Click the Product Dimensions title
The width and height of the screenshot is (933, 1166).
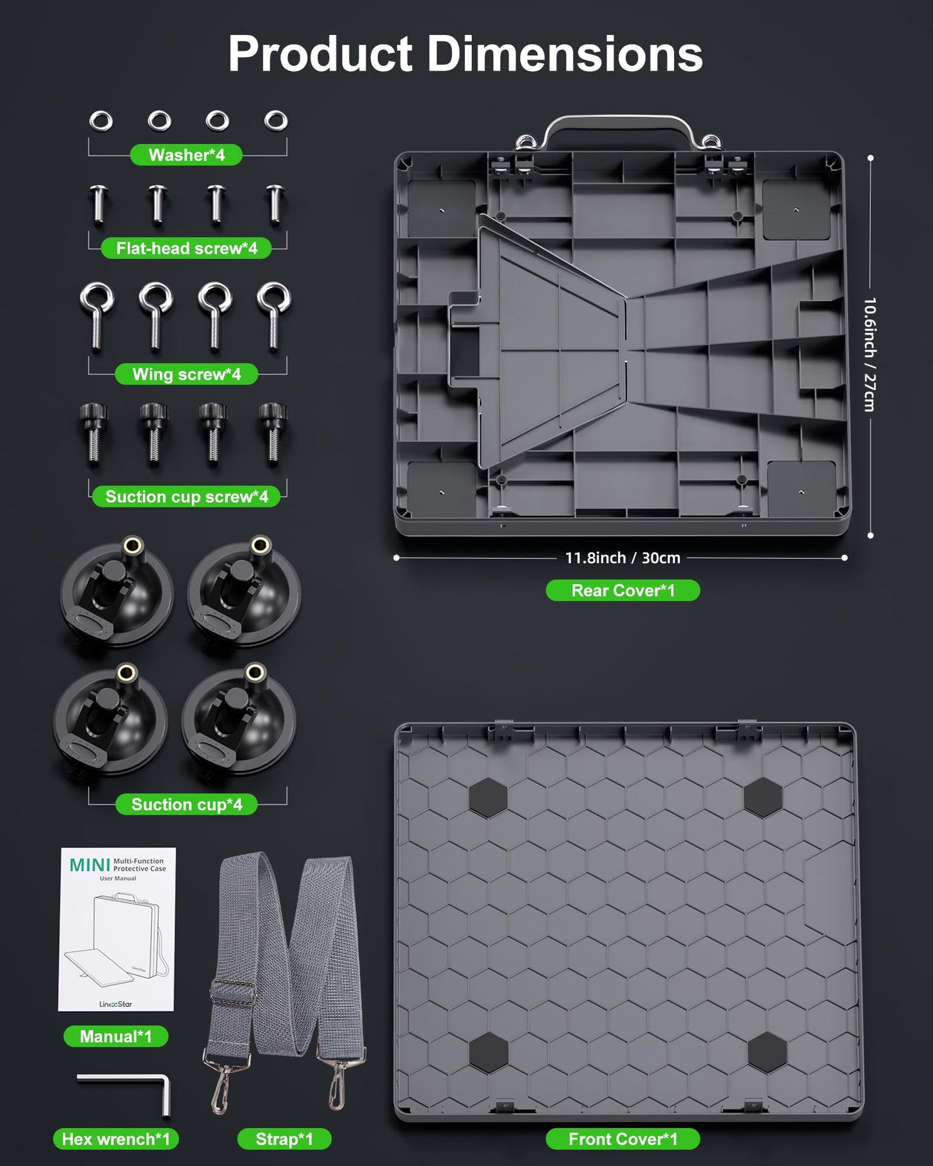(465, 54)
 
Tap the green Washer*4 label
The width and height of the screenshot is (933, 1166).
(187, 155)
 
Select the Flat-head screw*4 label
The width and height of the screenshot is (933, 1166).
(187, 249)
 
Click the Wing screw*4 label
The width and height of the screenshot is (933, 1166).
(187, 374)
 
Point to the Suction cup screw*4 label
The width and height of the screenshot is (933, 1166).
(187, 496)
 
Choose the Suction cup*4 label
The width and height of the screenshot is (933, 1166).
(187, 804)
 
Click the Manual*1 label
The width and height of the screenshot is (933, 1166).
(116, 1037)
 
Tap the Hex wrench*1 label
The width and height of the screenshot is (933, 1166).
(116, 1140)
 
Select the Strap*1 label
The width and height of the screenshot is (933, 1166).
(285, 1140)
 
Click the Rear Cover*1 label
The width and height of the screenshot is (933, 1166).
(623, 591)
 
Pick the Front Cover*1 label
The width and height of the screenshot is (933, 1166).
(623, 1140)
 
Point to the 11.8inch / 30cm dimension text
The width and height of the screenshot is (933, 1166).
(623, 558)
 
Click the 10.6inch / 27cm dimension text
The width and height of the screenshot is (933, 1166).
(870, 354)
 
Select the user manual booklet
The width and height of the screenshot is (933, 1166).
(117, 930)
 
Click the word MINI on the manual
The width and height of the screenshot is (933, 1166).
(90, 865)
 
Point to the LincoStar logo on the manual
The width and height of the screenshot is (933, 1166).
(116, 1004)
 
